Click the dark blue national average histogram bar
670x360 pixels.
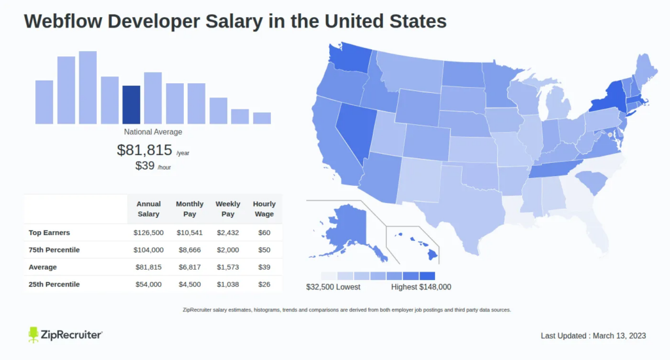point(131,105)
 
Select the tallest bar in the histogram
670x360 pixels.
point(88,88)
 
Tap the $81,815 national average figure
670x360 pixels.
point(145,150)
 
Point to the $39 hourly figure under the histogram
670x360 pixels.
point(145,166)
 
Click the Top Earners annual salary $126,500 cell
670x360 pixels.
point(149,233)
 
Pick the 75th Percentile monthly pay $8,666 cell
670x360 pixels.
point(190,250)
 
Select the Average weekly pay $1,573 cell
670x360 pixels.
point(228,267)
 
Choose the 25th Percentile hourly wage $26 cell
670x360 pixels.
point(264,284)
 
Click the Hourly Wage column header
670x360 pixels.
point(264,209)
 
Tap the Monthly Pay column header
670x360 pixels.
point(190,209)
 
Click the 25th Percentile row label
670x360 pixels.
point(54,284)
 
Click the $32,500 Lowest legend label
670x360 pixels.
point(333,287)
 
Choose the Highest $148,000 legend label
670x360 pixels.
point(421,287)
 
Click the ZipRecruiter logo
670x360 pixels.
point(65,335)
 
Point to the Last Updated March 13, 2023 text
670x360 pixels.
point(593,336)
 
